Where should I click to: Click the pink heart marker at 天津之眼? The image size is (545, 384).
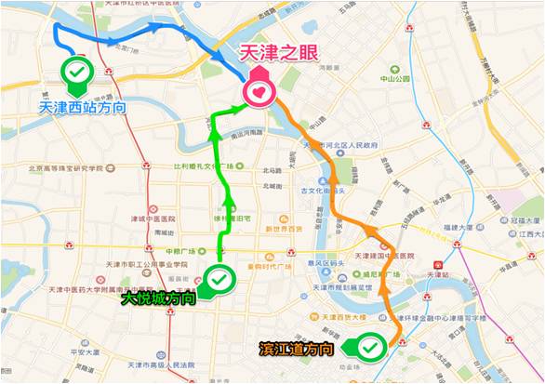coord(258,91)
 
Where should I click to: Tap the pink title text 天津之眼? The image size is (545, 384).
coord(278,56)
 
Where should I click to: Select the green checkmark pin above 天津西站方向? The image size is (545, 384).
coord(77,72)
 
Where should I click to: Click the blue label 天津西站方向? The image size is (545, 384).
coord(83,107)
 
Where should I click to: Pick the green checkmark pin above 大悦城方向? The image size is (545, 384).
coord(219,278)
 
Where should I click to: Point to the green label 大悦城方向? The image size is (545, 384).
coord(158,299)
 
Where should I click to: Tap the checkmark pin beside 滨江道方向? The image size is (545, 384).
coord(370,348)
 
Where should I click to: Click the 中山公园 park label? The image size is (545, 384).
coord(394,79)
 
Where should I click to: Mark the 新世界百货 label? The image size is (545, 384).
coord(285,229)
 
